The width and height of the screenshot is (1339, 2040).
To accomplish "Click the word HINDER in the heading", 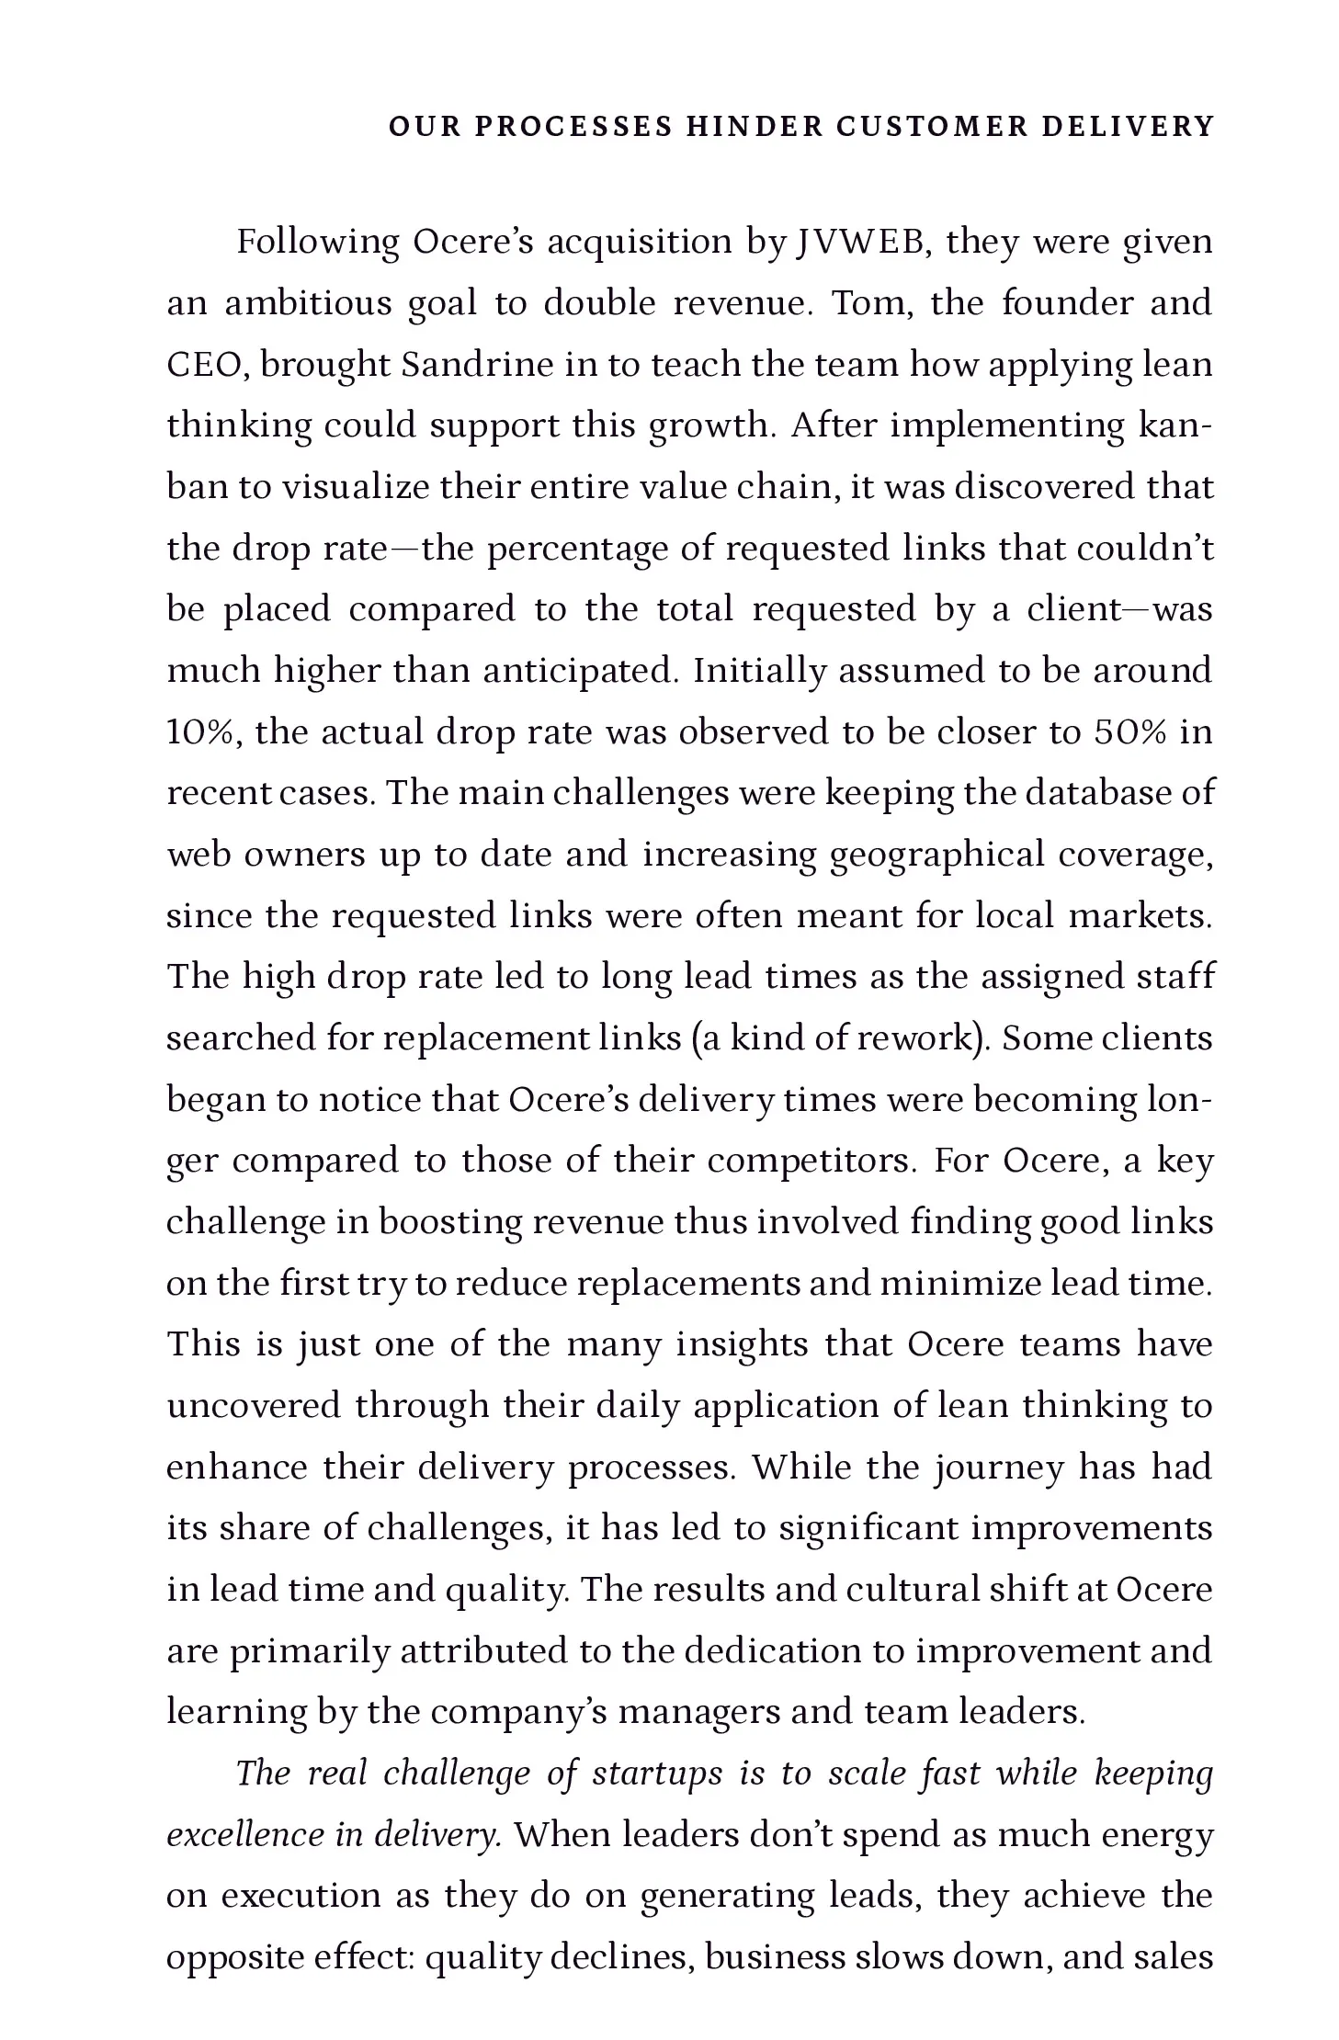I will click(x=754, y=126).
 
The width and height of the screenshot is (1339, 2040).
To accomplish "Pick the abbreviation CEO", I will click(x=206, y=365).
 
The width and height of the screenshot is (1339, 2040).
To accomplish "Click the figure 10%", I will click(x=204, y=732).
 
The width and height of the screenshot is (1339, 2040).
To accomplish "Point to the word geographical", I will click(x=936, y=856).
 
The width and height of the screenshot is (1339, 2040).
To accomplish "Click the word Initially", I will click(x=761, y=671).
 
